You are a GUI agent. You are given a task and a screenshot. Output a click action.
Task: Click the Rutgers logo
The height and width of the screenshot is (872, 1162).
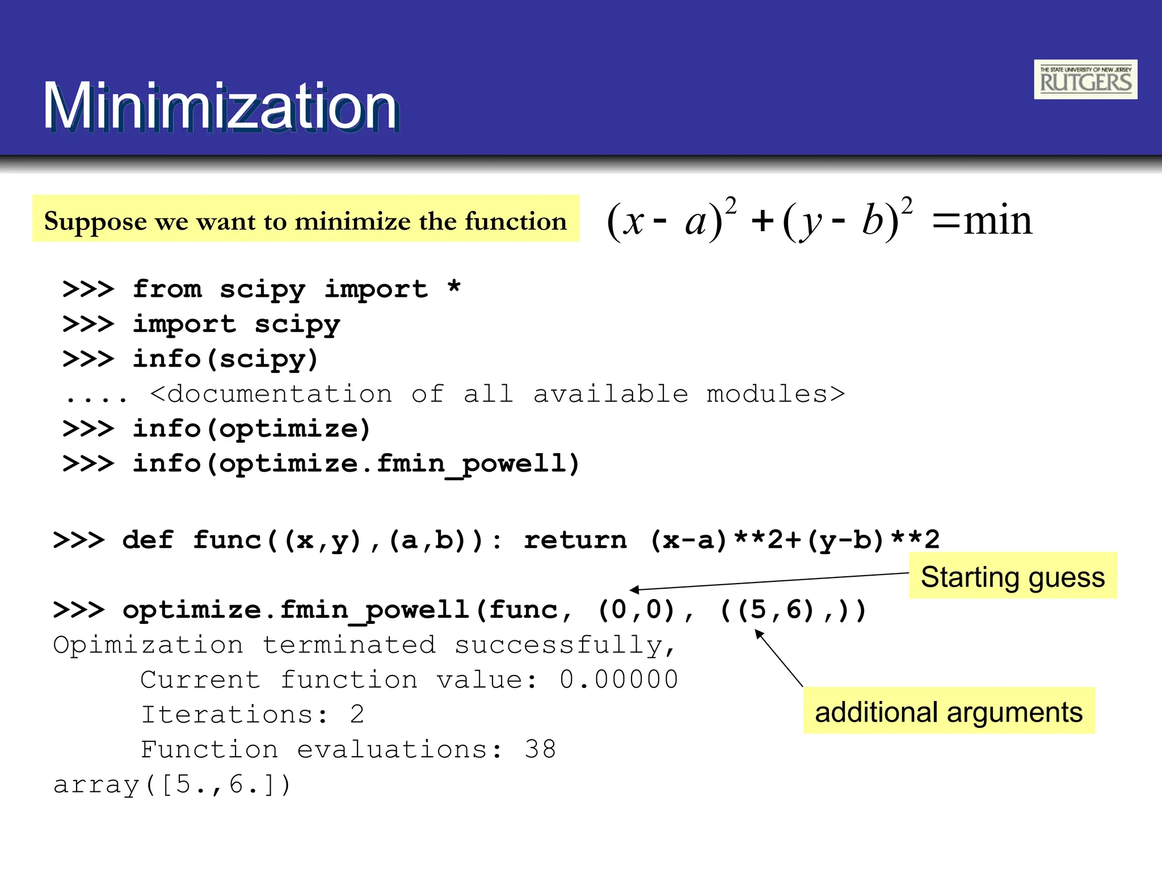click(x=1085, y=79)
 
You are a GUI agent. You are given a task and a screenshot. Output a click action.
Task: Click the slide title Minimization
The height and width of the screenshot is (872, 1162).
click(x=220, y=107)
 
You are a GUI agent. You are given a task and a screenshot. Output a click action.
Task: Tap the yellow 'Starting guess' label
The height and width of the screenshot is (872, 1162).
click(x=1013, y=576)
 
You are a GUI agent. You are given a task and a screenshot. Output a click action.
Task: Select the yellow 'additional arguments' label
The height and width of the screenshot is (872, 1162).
click(x=949, y=711)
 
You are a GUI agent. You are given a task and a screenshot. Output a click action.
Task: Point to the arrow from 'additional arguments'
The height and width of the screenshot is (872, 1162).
click(x=778, y=659)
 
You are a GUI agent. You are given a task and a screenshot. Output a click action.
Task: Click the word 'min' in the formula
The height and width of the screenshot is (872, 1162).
click(x=998, y=220)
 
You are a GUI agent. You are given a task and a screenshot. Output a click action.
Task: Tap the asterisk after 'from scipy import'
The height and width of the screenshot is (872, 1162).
click(x=453, y=287)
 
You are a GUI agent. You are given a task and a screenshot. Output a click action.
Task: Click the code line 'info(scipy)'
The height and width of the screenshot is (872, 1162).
click(x=225, y=359)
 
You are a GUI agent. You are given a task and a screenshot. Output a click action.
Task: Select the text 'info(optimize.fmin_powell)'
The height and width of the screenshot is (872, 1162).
click(x=356, y=463)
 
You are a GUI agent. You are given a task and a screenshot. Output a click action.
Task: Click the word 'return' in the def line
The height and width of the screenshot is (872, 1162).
click(x=575, y=540)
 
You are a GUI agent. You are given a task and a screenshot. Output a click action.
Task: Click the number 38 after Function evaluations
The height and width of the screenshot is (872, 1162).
click(x=540, y=749)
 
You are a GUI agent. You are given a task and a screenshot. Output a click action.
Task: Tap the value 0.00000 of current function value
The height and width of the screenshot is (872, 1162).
click(x=618, y=680)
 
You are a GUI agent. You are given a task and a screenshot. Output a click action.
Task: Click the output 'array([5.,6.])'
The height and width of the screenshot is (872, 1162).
click(x=172, y=785)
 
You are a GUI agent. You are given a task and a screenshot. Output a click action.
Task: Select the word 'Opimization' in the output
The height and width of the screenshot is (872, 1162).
click(x=148, y=645)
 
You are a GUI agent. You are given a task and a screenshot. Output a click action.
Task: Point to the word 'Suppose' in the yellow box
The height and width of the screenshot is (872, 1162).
click(x=95, y=221)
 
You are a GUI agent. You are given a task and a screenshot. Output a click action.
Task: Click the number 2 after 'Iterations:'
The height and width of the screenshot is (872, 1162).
click(x=357, y=714)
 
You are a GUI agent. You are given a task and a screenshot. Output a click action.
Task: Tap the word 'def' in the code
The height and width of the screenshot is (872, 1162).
click(x=148, y=540)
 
